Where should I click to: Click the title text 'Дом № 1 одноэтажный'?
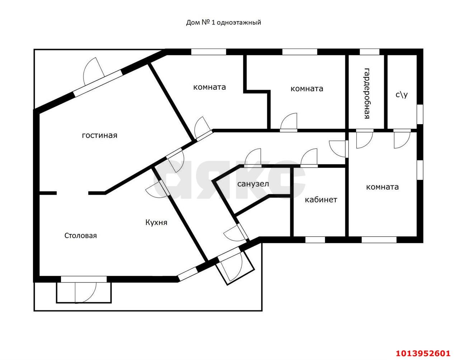click(223, 22)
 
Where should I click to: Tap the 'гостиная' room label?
click(99, 135)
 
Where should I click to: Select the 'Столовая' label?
click(80, 235)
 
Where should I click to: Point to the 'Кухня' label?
click(156, 223)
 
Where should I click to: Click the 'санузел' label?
click(253, 184)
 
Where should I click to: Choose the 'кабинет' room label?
click(321, 200)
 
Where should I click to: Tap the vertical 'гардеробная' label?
click(367, 93)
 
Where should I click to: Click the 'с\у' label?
click(402, 95)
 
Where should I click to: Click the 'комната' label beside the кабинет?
click(382, 187)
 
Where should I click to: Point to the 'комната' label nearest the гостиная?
click(209, 87)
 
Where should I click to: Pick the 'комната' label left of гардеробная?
click(307, 89)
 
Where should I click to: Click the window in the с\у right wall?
click(420, 114)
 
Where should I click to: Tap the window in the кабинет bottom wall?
click(315, 240)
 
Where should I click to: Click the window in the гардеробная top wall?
click(369, 52)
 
